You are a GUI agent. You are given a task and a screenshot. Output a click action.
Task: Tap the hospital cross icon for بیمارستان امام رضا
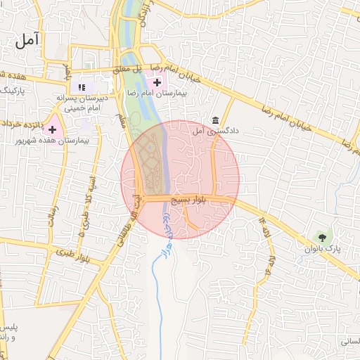click(x=156, y=83)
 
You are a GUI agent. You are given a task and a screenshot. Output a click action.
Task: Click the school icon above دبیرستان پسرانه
click(x=82, y=87)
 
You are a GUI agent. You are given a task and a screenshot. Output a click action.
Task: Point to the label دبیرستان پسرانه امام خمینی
click(x=82, y=103)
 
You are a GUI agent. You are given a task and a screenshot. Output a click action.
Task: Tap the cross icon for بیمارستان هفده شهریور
click(x=51, y=129)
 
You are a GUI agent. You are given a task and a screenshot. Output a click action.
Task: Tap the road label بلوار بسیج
click(x=191, y=200)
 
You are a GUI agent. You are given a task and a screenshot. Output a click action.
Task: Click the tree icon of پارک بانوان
click(x=321, y=237)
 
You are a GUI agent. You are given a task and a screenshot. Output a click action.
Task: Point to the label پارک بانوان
click(x=322, y=249)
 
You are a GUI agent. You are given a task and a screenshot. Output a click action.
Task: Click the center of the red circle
click(x=180, y=180)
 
